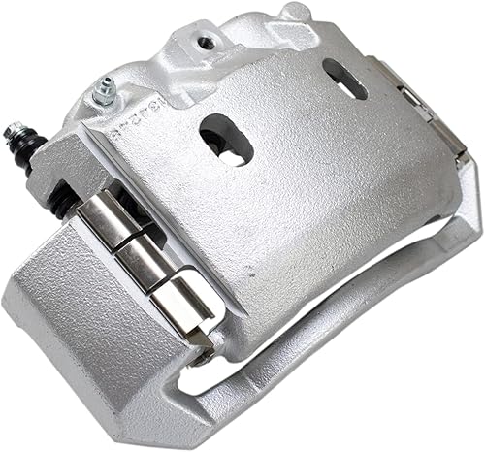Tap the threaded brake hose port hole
coord(206,41)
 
